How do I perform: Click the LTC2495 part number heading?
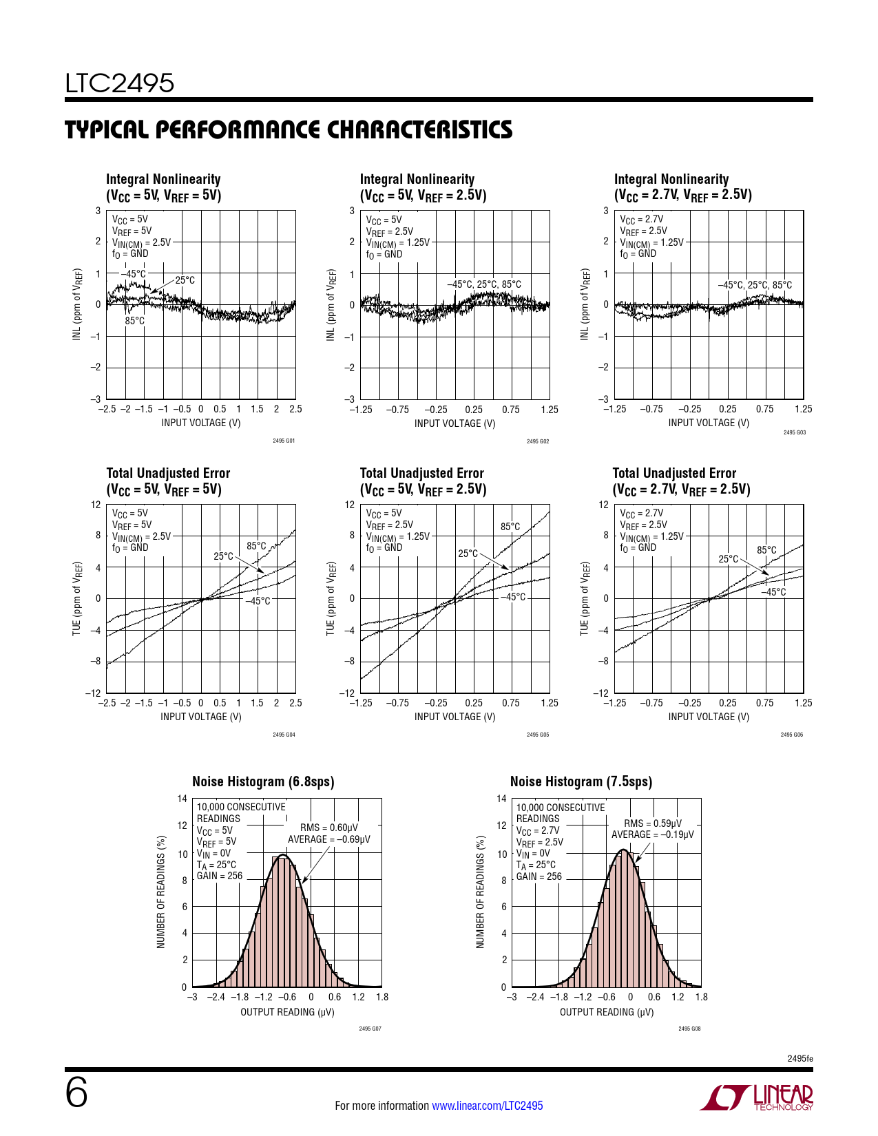click(120, 83)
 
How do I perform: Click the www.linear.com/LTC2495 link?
click(487, 1106)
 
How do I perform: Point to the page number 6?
click(76, 1093)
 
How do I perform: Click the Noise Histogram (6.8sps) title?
click(263, 781)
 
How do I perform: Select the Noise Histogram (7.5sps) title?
click(581, 781)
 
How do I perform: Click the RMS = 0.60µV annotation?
click(329, 828)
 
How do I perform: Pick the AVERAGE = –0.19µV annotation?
click(653, 834)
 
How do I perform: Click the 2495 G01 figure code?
click(284, 441)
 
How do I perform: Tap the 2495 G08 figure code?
click(689, 1029)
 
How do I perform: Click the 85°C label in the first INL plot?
click(135, 321)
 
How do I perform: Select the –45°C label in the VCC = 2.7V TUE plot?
click(773, 592)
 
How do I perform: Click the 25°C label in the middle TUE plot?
click(468, 554)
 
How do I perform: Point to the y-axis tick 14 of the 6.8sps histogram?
click(182, 799)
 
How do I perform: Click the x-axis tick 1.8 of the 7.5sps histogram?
click(701, 997)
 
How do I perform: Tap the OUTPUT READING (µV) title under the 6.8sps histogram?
click(287, 1012)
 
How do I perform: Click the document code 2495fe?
click(799, 1058)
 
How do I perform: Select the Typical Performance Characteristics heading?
click(289, 129)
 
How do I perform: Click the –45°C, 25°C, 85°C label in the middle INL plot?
click(484, 284)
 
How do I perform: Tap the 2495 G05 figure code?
click(538, 735)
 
